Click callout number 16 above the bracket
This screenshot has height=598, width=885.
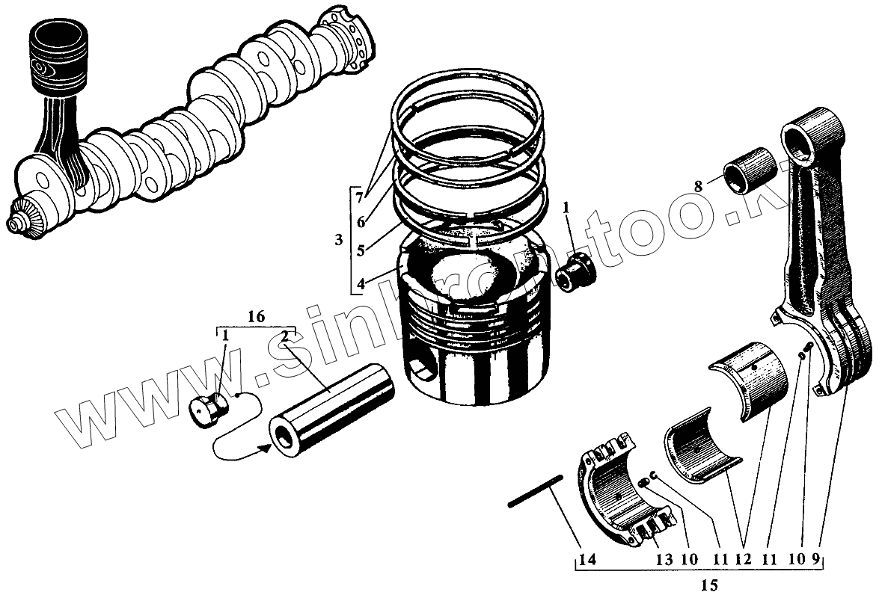click(x=256, y=317)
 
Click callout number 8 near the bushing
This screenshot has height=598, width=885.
click(x=699, y=186)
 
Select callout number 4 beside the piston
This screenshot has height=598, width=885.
click(x=361, y=284)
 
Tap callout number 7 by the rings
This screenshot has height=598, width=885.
click(x=360, y=198)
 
